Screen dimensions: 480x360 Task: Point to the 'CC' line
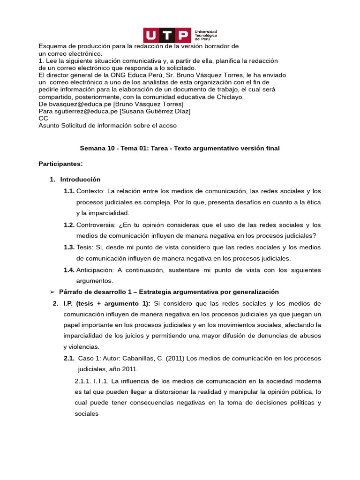pos(43,118)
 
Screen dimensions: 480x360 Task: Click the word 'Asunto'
pos(49,126)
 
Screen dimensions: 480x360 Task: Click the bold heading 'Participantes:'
pos(60,164)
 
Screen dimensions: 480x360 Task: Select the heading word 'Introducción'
pos(80,179)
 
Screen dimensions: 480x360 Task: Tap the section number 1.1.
pos(69,191)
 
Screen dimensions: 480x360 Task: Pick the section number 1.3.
pos(69,247)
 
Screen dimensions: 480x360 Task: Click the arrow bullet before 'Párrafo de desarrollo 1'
pos(52,292)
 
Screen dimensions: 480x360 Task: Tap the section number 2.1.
pos(69,359)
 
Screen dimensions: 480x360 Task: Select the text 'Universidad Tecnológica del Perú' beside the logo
pos(206,35)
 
